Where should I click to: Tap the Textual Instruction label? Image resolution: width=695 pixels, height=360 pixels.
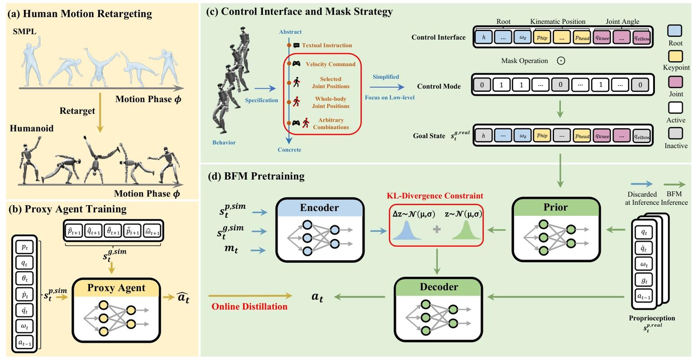[x=327, y=46]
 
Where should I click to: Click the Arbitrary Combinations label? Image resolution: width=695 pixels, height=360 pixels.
[x=331, y=123]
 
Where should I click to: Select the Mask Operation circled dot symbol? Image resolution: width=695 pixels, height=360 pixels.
[x=561, y=61]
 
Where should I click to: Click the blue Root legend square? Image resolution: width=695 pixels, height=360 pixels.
[x=675, y=31]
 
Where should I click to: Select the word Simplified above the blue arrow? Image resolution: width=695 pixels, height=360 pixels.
[x=386, y=77]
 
